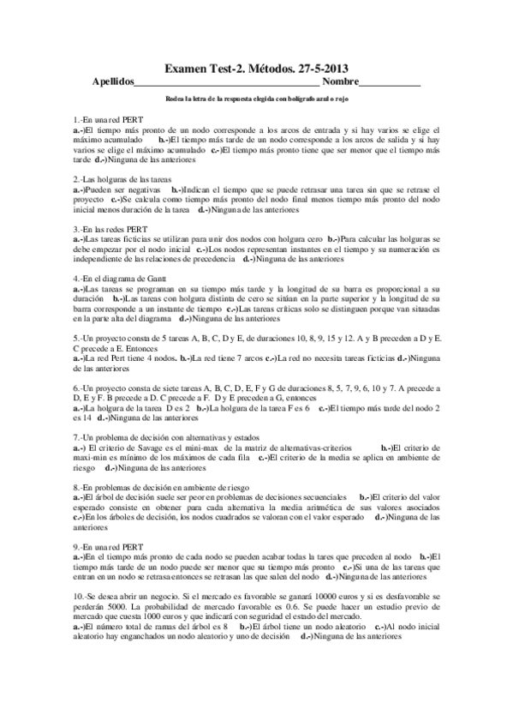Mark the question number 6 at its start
click(x=76, y=388)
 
